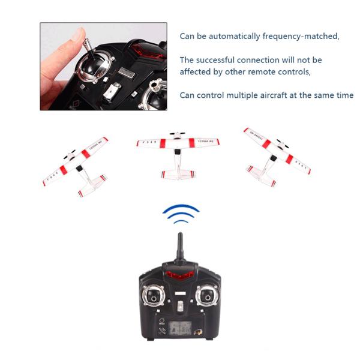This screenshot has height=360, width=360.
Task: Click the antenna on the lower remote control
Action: click(179, 246)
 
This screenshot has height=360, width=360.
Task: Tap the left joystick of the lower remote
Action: click(153, 295)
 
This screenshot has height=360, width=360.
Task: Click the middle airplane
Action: click(178, 147)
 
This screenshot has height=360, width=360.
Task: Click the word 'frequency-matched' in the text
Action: click(301, 36)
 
